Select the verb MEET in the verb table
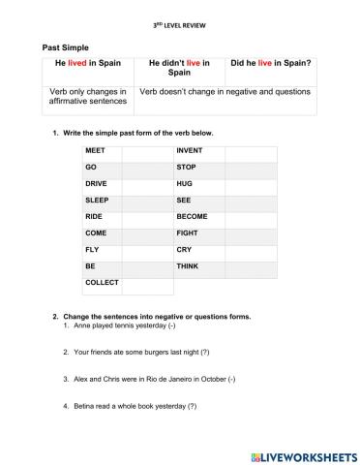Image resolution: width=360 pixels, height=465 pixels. click(96, 151)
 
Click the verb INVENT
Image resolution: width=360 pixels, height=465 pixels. click(189, 151)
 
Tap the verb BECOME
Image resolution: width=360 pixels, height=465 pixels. click(192, 217)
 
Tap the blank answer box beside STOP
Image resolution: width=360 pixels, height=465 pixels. click(251, 168)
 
